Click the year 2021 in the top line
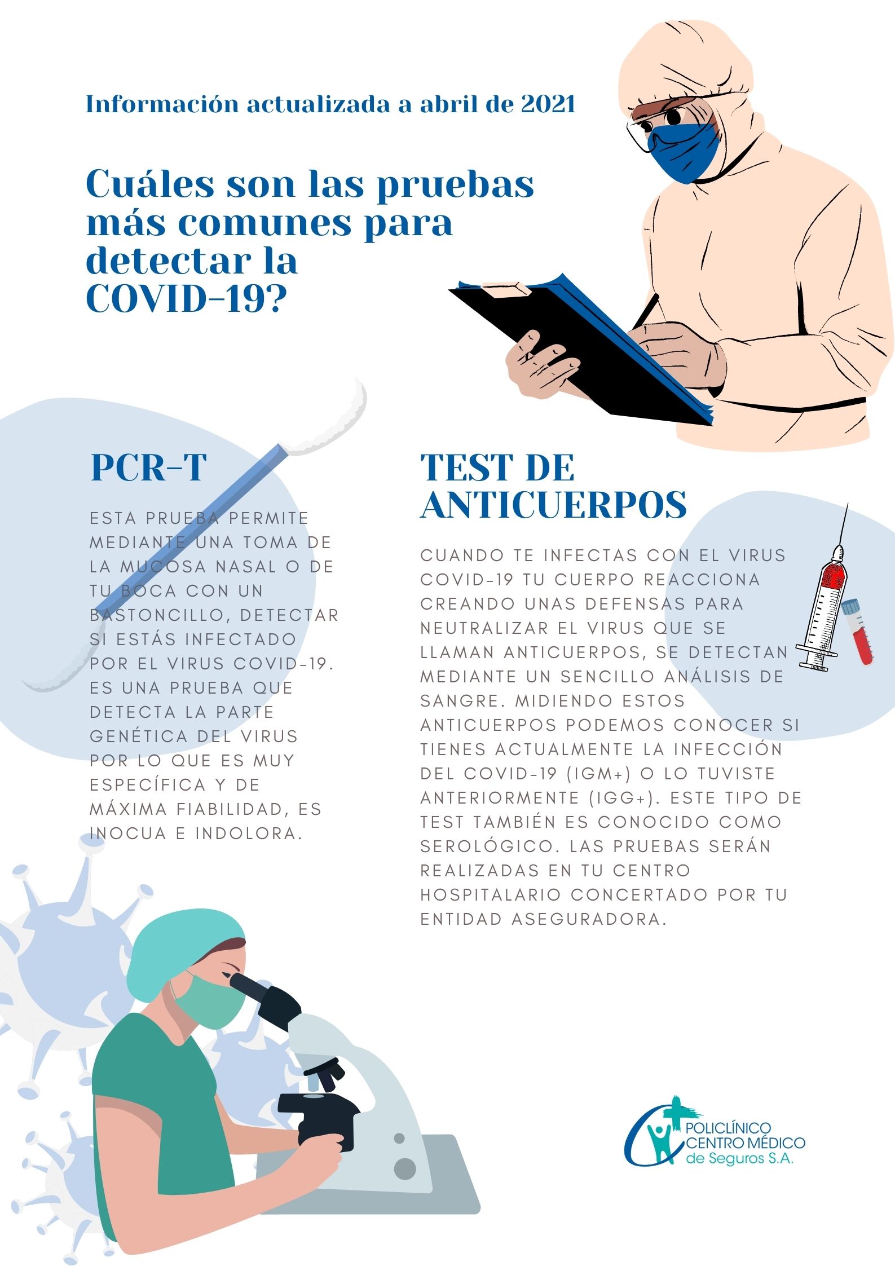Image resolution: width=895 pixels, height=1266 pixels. coord(548,104)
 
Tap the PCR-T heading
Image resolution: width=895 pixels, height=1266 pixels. coord(149,467)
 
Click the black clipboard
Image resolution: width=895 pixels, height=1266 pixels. coord(581,350)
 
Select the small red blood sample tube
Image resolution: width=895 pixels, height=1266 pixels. coord(858,632)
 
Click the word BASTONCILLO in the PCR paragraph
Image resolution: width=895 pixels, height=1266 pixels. coord(159,615)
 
